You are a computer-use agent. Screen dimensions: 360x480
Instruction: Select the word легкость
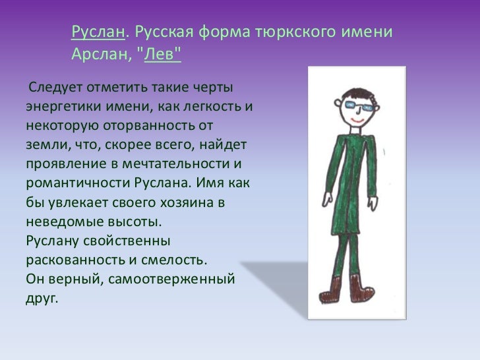[216, 106]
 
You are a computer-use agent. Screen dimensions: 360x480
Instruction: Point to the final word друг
[41, 297]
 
